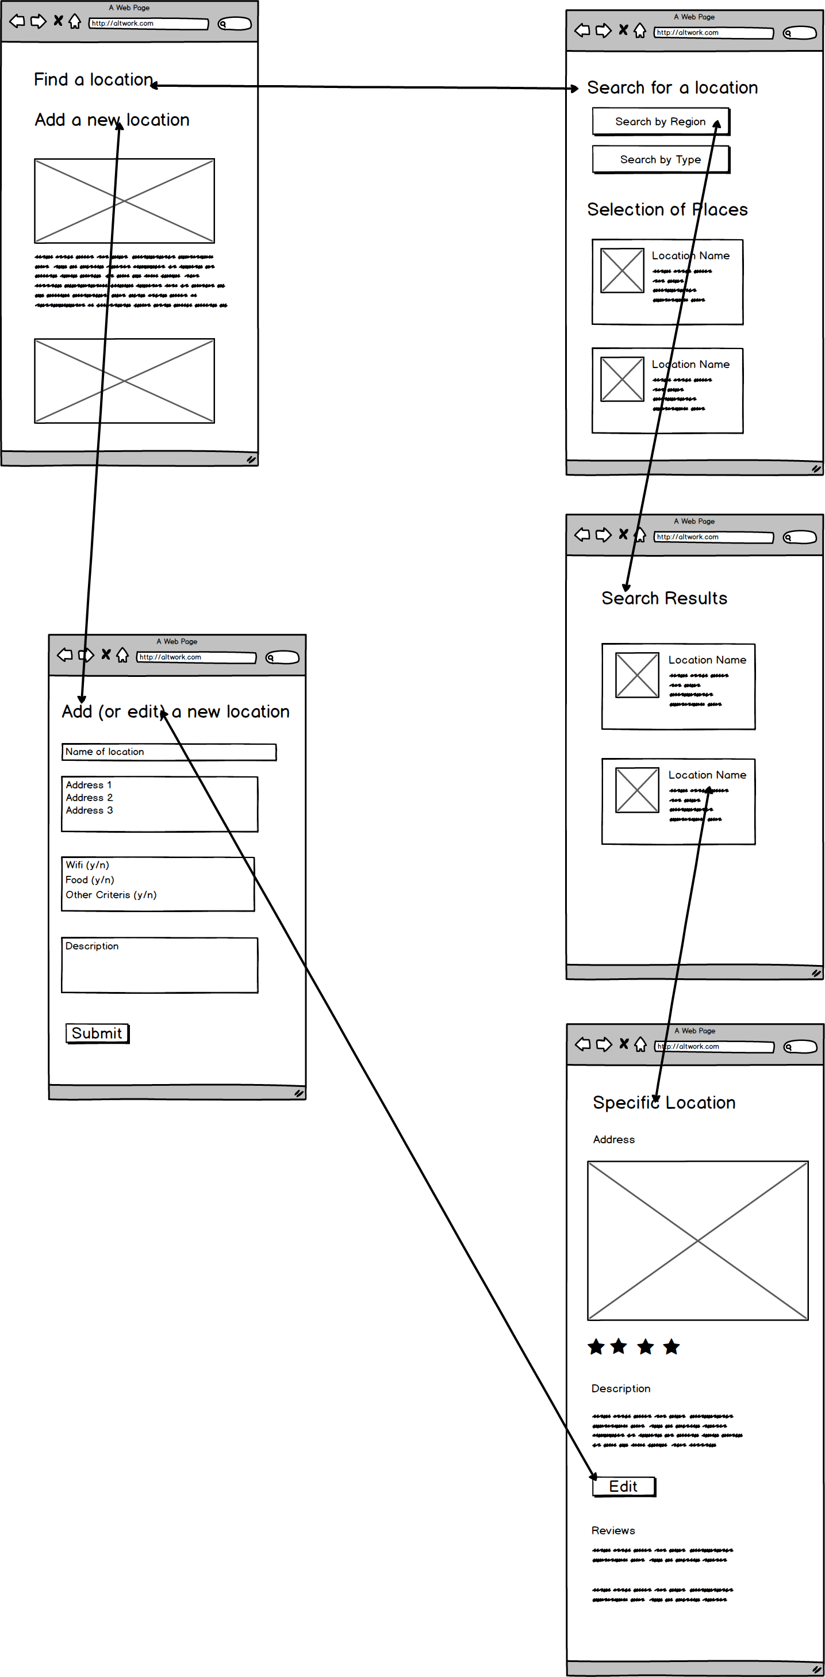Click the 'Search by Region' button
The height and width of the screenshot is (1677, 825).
click(660, 122)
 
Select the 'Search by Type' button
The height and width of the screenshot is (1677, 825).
click(660, 159)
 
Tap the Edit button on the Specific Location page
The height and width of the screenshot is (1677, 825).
click(623, 1486)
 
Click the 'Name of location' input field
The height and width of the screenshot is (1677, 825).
click(168, 752)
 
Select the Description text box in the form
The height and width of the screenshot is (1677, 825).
click(159, 965)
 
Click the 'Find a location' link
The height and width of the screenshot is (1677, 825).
click(93, 79)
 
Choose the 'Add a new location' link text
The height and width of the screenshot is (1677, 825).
click(112, 120)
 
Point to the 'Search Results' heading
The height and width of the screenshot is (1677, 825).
click(663, 598)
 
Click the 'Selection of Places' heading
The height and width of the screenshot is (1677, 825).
click(667, 209)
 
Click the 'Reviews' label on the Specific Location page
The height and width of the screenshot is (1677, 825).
click(613, 1530)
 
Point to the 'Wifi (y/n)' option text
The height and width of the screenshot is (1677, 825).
click(87, 865)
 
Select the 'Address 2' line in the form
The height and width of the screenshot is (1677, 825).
click(89, 798)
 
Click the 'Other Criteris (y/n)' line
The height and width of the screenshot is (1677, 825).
click(110, 895)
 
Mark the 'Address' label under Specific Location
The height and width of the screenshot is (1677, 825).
click(613, 1139)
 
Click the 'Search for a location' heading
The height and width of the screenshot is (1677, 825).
click(672, 88)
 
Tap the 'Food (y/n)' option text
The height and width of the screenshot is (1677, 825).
click(90, 880)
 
